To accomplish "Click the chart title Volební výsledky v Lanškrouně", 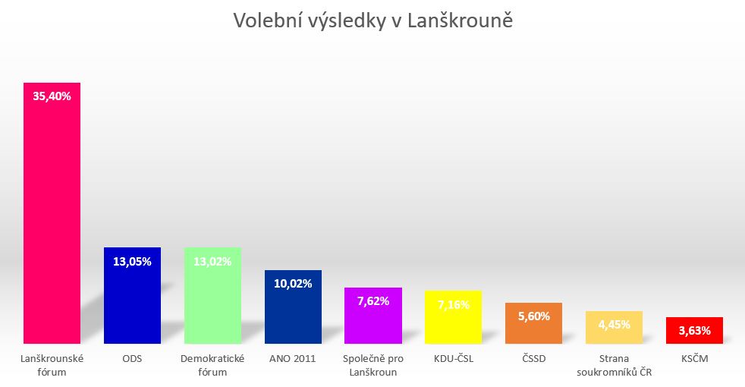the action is [373, 21].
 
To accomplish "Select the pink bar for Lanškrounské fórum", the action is [52, 213].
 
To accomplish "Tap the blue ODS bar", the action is [132, 295].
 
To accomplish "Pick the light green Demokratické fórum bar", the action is [212, 295].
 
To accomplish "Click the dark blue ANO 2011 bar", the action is [293, 307].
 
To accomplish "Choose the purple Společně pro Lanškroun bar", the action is [373, 315].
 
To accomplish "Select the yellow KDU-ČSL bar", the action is [453, 317].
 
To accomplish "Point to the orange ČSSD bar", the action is [533, 322].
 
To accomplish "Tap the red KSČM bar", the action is [694, 330].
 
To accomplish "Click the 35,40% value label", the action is [52, 96].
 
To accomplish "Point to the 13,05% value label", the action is [132, 261].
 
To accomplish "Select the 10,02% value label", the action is [293, 283].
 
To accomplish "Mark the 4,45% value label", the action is [614, 324].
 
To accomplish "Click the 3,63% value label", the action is [694, 330].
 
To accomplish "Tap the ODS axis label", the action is [132, 358].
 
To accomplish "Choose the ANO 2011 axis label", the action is [293, 358].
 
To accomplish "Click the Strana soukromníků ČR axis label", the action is [614, 365].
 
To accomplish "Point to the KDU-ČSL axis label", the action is [453, 358].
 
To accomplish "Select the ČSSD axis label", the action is [533, 358].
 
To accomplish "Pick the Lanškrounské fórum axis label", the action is [52, 365].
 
